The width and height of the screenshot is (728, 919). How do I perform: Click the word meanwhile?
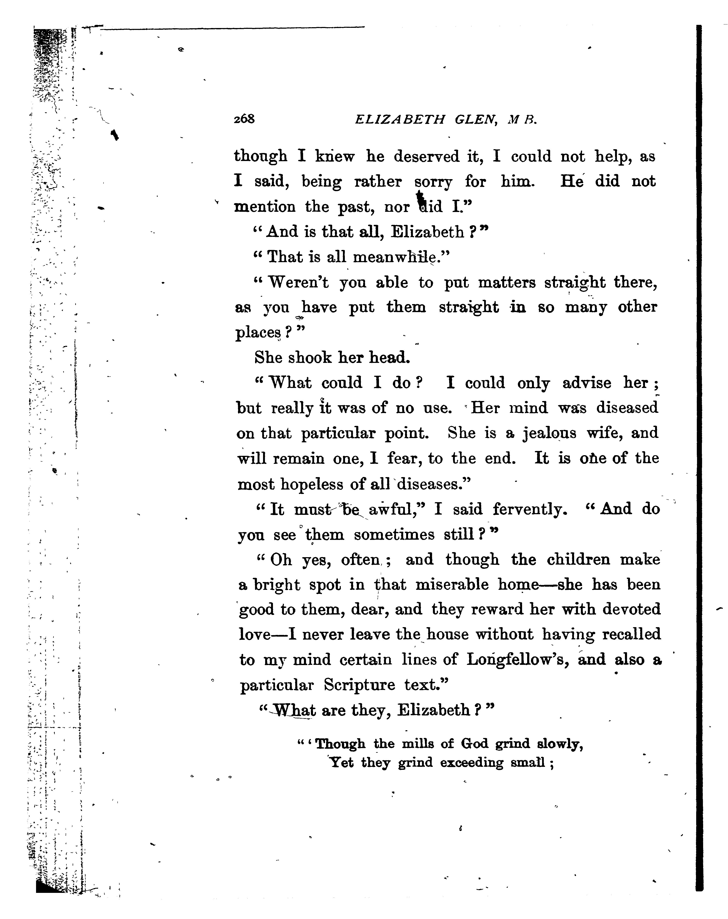(401, 257)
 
